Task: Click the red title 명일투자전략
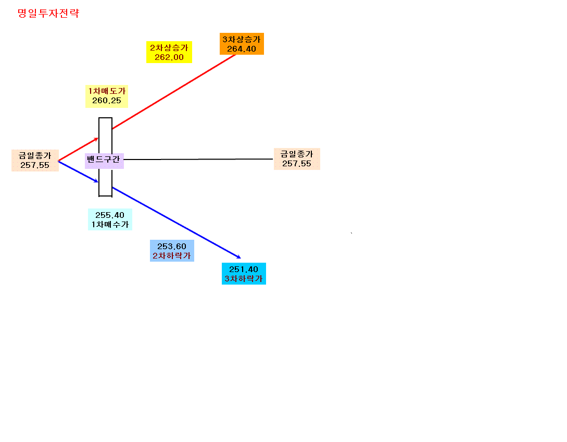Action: click(48, 14)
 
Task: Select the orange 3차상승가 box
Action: click(242, 44)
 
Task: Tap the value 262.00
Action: click(169, 57)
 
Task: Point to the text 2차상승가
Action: click(169, 48)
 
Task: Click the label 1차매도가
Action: click(107, 91)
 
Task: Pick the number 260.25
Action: click(107, 101)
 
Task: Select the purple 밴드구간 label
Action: click(104, 159)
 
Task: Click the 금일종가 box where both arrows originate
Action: click(35, 161)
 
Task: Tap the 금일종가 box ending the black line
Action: click(297, 159)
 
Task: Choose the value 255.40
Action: click(110, 215)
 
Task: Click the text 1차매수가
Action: click(110, 225)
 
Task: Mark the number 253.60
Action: click(172, 246)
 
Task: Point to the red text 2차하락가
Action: click(172, 255)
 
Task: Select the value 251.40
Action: click(244, 269)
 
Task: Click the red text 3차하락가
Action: click(244, 279)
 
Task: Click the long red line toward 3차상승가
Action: click(174, 92)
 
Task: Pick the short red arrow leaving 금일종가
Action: click(79, 149)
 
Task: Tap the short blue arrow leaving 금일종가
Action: click(79, 171)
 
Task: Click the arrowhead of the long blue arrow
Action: click(238, 257)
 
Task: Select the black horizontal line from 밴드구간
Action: click(198, 159)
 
